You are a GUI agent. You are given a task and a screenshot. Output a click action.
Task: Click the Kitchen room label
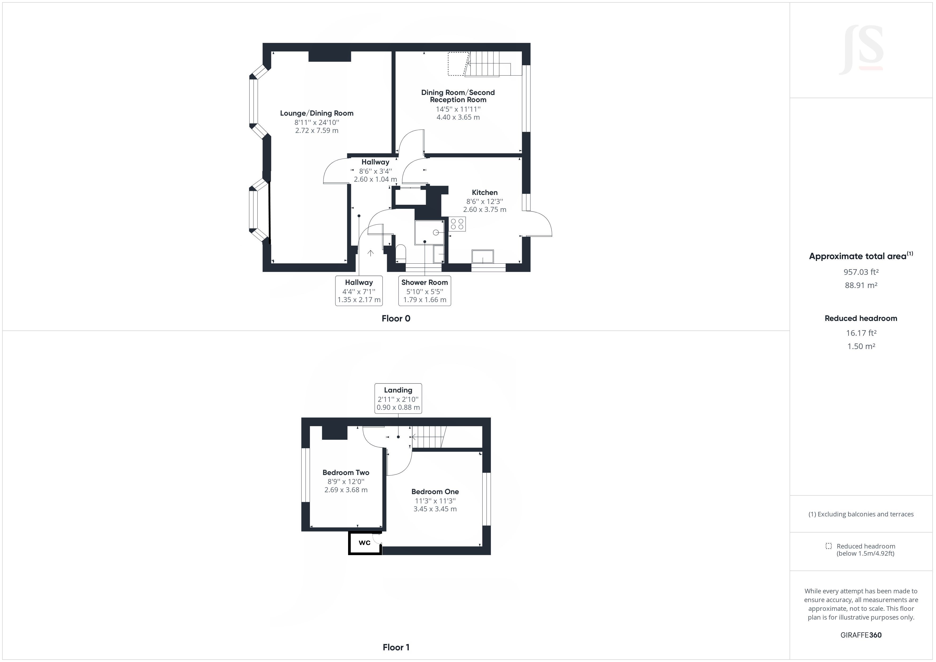click(484, 192)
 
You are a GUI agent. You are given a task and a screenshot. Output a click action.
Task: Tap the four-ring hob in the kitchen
click(457, 224)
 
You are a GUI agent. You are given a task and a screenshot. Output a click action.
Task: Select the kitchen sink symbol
click(482, 256)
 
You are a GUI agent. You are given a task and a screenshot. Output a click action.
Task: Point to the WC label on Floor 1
click(365, 543)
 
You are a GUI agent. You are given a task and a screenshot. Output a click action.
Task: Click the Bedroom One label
click(435, 492)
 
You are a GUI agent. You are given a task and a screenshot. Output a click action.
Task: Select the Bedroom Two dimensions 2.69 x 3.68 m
click(346, 490)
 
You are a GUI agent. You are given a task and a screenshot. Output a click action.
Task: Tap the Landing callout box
click(398, 398)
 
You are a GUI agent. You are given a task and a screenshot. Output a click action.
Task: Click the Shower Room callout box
click(424, 291)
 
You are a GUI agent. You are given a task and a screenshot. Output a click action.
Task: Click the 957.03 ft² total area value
click(861, 272)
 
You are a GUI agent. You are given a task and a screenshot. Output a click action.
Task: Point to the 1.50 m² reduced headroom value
click(861, 346)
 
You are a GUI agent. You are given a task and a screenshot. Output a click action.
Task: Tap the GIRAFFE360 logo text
click(861, 635)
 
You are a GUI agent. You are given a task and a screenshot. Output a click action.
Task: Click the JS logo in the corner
click(861, 50)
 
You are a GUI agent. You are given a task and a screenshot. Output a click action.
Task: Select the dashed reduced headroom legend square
click(828, 546)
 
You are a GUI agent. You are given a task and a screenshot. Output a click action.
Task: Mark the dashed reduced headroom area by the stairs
click(457, 64)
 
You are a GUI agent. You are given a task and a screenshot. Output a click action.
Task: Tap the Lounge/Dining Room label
click(316, 113)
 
